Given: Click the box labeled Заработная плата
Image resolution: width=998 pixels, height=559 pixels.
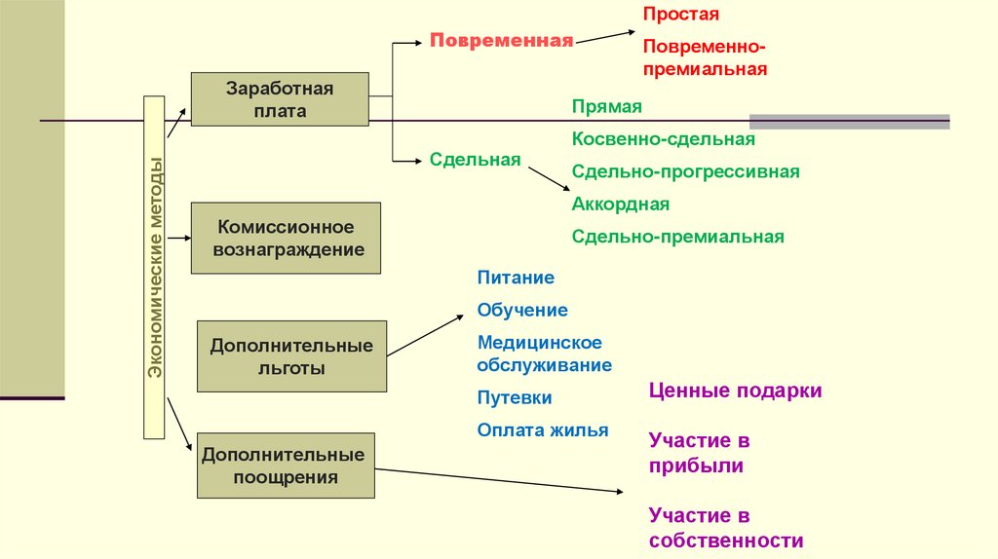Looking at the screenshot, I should click(280, 99).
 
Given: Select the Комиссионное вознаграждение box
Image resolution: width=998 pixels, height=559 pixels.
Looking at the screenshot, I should click(285, 238).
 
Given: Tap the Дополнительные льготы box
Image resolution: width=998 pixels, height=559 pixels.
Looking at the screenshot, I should click(291, 356).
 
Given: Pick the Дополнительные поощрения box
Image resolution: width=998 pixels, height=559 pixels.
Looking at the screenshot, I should click(285, 466).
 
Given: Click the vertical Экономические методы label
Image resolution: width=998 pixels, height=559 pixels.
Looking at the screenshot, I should click(155, 267).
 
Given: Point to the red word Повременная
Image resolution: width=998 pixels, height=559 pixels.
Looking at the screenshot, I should click(501, 41).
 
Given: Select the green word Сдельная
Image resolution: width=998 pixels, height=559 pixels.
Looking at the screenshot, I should click(475, 159).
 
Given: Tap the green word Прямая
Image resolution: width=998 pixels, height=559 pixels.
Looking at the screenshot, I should click(607, 107).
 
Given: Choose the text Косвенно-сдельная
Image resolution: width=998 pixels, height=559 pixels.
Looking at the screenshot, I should click(664, 139).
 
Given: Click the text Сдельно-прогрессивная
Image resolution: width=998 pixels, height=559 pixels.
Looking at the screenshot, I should click(686, 171).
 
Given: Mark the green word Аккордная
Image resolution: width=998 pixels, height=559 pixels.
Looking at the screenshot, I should click(621, 204).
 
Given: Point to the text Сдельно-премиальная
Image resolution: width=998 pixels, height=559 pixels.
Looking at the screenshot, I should click(678, 236).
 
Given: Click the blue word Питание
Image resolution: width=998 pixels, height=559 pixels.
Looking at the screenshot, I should click(516, 278).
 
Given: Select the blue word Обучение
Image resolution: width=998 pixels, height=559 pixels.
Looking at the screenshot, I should click(522, 310).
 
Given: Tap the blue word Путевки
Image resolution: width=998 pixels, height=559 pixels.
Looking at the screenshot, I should click(515, 397).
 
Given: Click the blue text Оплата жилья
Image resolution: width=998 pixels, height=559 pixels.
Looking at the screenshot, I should click(543, 429).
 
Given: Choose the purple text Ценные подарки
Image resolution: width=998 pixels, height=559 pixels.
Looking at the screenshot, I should click(735, 391).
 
